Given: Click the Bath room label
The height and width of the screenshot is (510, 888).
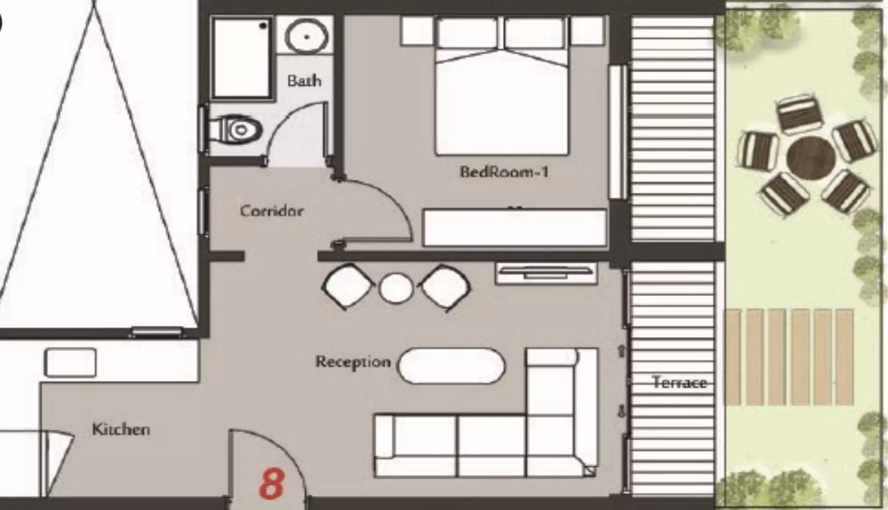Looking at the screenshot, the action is pos(304,80).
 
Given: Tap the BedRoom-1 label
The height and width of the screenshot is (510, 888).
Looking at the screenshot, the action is pos(504,171).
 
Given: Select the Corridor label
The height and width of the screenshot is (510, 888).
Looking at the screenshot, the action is pos(272,211).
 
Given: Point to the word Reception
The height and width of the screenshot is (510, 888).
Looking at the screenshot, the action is pos(353,362).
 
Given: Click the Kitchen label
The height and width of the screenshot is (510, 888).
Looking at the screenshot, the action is pos(121,429).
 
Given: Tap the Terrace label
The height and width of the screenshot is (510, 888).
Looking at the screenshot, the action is pos(679,382).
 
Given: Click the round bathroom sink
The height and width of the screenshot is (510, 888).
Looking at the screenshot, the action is pos(307,36).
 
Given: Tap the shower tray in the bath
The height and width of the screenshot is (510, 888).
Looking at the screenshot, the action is pos(242,58).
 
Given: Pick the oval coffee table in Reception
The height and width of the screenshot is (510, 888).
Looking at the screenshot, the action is pos(451,366).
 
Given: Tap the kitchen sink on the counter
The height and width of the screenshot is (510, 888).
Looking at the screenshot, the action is pos(70,363).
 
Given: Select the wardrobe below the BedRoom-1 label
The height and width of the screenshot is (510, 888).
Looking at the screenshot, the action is pos(515,228).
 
